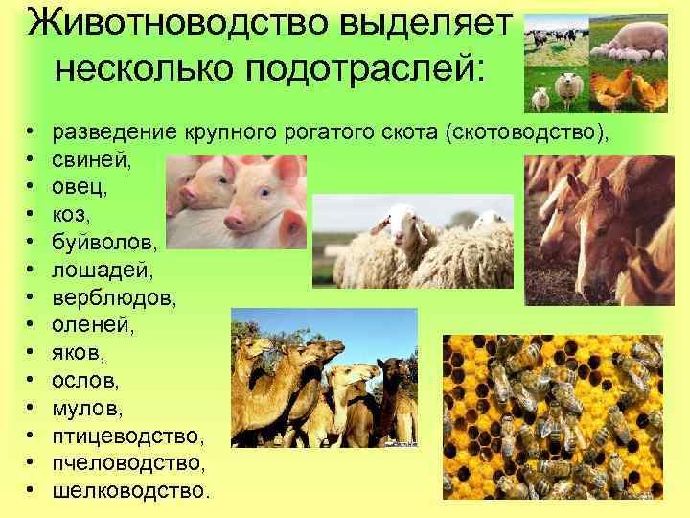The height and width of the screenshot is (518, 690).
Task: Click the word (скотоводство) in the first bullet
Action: [526, 130]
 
